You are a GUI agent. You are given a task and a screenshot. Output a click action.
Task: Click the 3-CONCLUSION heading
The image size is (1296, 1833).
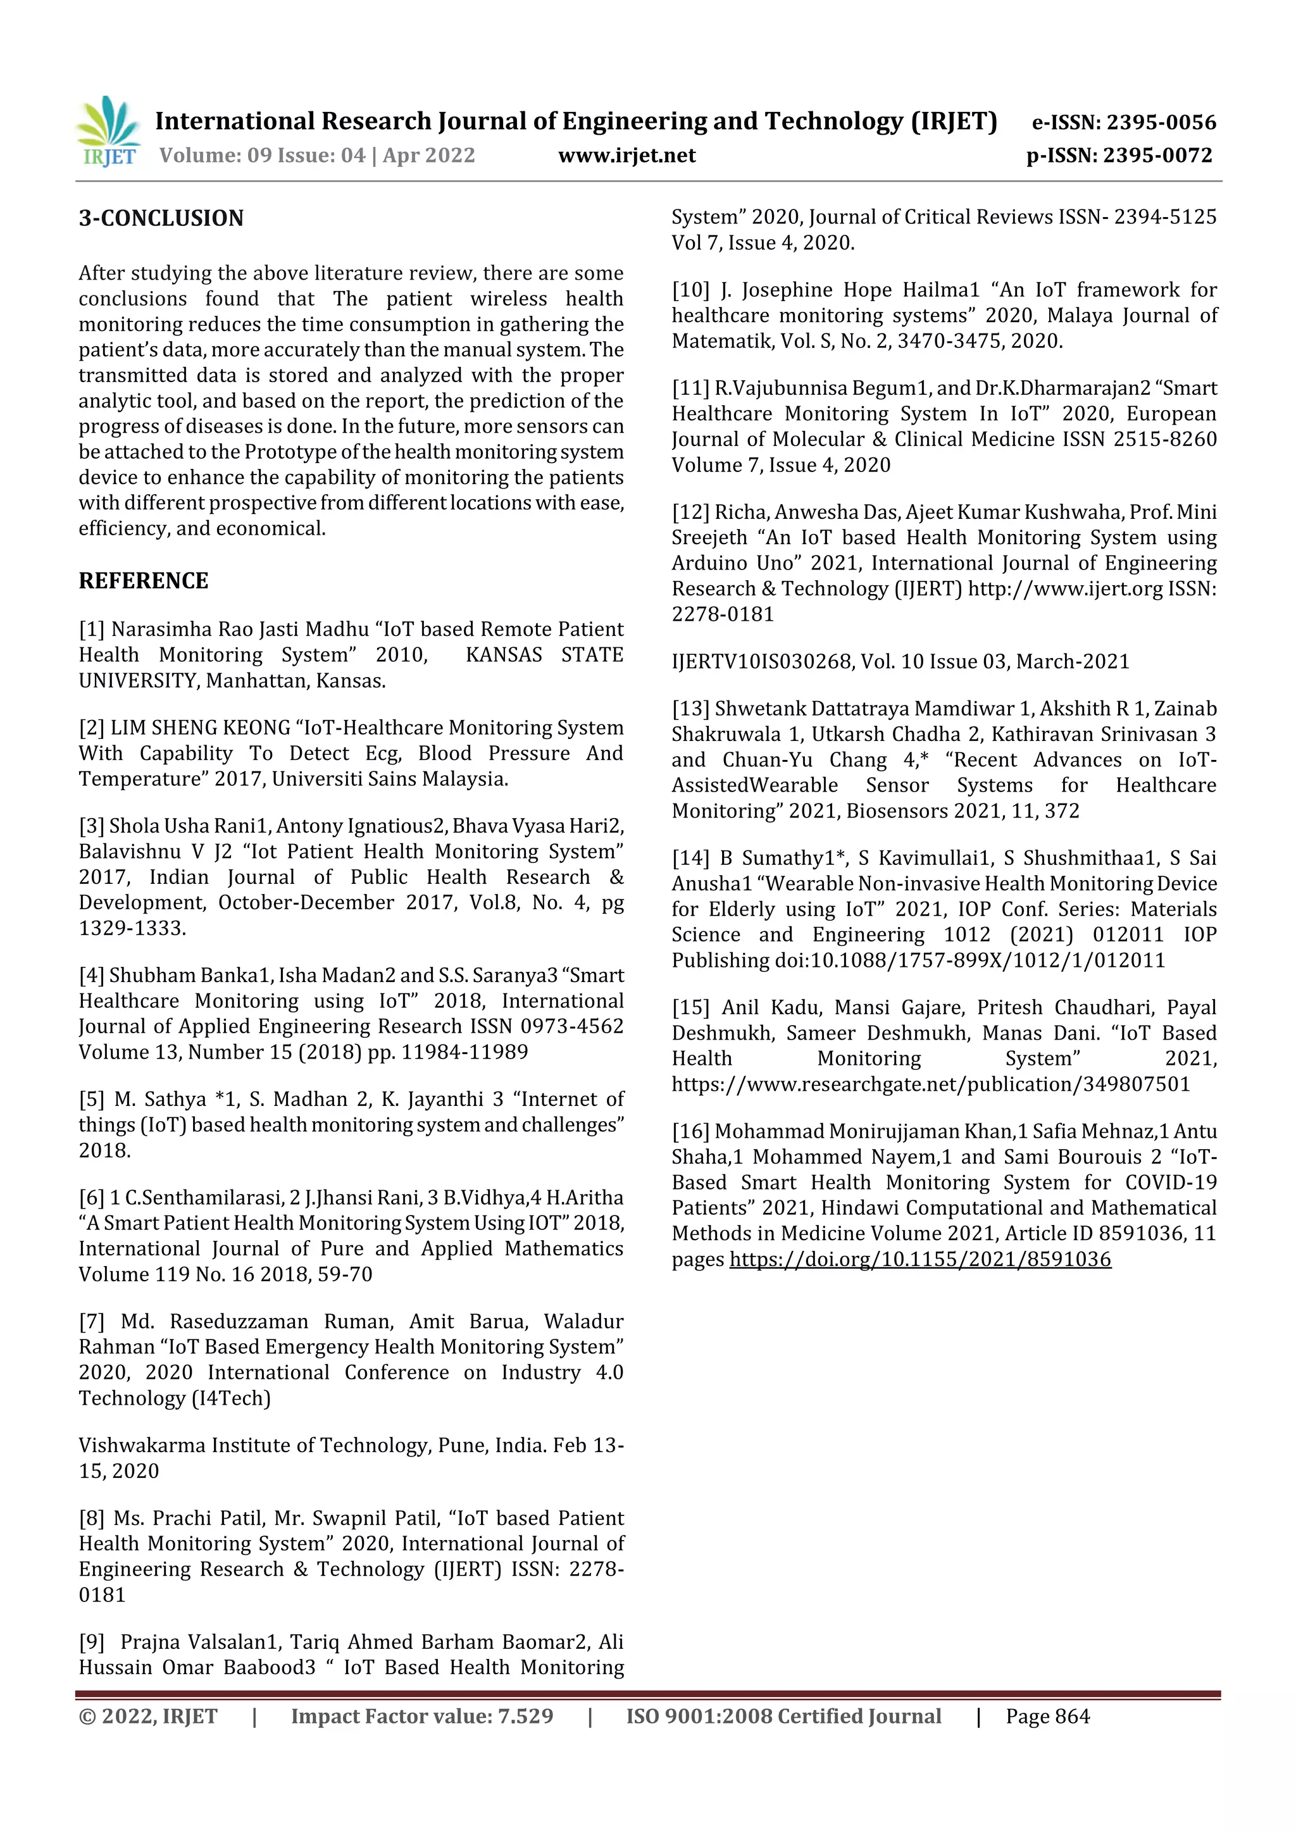coord(161,218)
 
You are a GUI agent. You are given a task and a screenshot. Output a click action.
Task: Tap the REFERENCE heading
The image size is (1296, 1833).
coord(143,580)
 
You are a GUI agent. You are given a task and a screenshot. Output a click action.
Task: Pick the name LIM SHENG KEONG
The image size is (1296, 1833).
coord(199,727)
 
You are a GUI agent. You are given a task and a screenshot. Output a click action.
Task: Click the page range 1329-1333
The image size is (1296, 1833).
coord(132,928)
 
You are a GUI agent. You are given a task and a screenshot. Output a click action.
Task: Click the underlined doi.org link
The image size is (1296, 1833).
coord(920,1259)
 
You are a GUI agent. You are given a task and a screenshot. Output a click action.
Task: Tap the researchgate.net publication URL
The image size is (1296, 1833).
coord(930,1084)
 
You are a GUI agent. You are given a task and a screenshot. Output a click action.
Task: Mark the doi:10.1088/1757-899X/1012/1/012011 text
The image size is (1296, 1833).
coord(969,960)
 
